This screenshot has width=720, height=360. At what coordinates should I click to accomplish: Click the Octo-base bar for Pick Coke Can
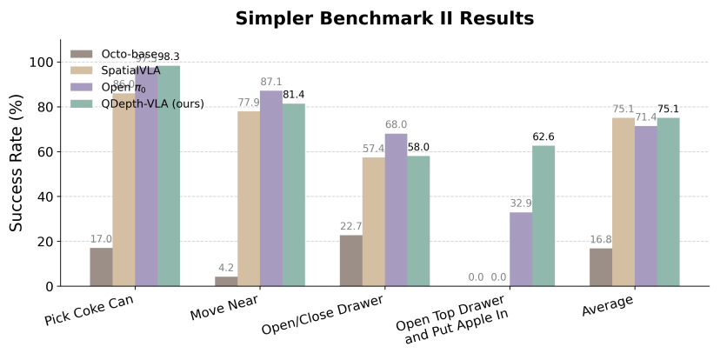[101, 267]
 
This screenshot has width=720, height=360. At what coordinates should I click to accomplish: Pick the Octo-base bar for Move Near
[226, 281]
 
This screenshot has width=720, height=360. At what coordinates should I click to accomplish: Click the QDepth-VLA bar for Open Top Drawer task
[543, 216]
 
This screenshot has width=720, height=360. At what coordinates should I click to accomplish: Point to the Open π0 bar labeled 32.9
[521, 249]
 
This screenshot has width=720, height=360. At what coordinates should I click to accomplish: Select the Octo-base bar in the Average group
[601, 267]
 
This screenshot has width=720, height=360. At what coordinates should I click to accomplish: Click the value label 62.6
[543, 137]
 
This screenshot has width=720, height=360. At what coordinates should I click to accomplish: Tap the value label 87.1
[270, 83]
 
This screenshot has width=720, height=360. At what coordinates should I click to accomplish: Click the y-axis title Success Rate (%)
[17, 163]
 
